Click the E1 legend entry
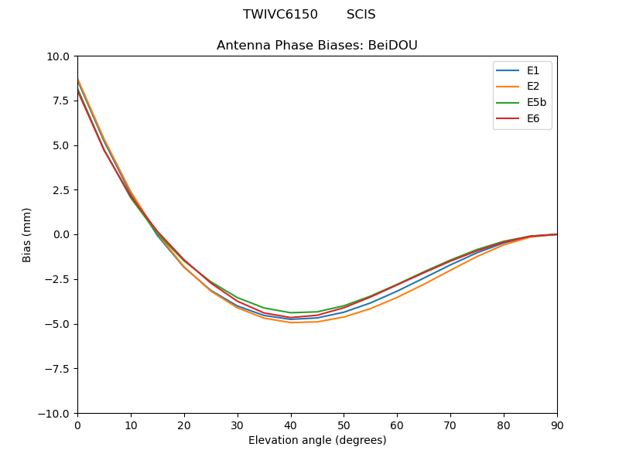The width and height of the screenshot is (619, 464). coord(533,70)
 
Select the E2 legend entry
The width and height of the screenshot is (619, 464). coord(533,87)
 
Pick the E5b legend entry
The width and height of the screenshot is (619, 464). coord(537,103)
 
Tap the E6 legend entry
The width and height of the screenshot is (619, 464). coord(533,119)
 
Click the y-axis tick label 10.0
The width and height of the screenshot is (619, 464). coord(58,56)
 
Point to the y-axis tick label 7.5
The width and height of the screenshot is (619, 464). coord(61,101)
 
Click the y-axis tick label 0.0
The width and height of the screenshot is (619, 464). coord(61,234)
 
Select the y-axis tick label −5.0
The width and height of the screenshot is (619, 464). coord(58,324)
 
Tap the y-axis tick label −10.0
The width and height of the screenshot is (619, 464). coord(55,414)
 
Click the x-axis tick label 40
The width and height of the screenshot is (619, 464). coord(291,425)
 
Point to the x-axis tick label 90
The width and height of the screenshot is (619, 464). coord(557,425)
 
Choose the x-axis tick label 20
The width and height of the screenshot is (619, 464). coord(184,425)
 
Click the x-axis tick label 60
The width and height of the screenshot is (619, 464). coord(397,425)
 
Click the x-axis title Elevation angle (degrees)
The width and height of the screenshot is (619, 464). coord(317,441)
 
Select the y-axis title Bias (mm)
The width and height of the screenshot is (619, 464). coord(27,234)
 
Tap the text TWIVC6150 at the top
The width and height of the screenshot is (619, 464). coord(280,15)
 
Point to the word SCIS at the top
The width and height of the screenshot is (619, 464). coord(361,15)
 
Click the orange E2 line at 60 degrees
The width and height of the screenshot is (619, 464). coord(397,297)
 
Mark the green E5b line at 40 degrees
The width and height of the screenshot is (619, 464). coord(291,312)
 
